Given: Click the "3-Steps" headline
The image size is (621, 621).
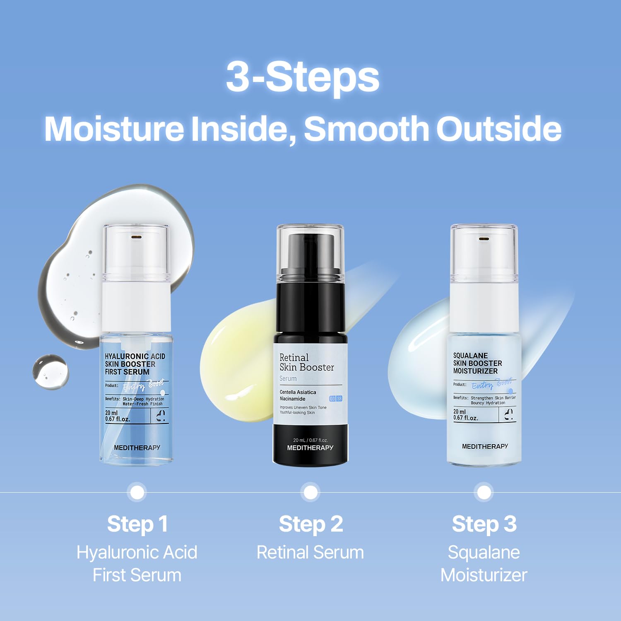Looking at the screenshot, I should coord(303,77).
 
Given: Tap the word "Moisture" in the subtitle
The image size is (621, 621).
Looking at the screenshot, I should coord(114,129).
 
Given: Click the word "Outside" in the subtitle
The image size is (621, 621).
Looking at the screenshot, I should coord(498,129).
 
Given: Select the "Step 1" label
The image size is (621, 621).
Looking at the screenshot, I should coord(137,524).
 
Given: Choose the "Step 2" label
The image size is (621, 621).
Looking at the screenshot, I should coord(310,524).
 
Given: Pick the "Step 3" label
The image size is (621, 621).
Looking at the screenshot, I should coord(484,524).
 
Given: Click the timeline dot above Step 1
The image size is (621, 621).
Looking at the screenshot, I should coord(137,493).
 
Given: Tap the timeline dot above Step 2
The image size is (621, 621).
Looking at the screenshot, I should coord(310,493).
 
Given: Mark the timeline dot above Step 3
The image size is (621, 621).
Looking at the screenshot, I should coord(484,493).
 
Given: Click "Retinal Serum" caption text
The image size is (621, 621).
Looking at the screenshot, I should coord(310,553).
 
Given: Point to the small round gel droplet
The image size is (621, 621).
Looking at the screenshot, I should coord(51,371).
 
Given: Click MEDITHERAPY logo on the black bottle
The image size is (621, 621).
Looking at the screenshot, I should coord(310,448).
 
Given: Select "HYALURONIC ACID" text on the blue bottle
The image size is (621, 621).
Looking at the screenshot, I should coord(135,356).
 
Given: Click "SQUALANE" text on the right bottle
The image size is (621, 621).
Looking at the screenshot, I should coord(470,356).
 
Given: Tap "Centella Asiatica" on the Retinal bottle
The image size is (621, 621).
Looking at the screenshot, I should coord(298,392).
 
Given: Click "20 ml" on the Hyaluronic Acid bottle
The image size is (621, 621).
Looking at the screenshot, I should coord(111,413).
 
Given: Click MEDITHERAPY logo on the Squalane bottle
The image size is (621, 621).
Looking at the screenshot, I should coord(485,446).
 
